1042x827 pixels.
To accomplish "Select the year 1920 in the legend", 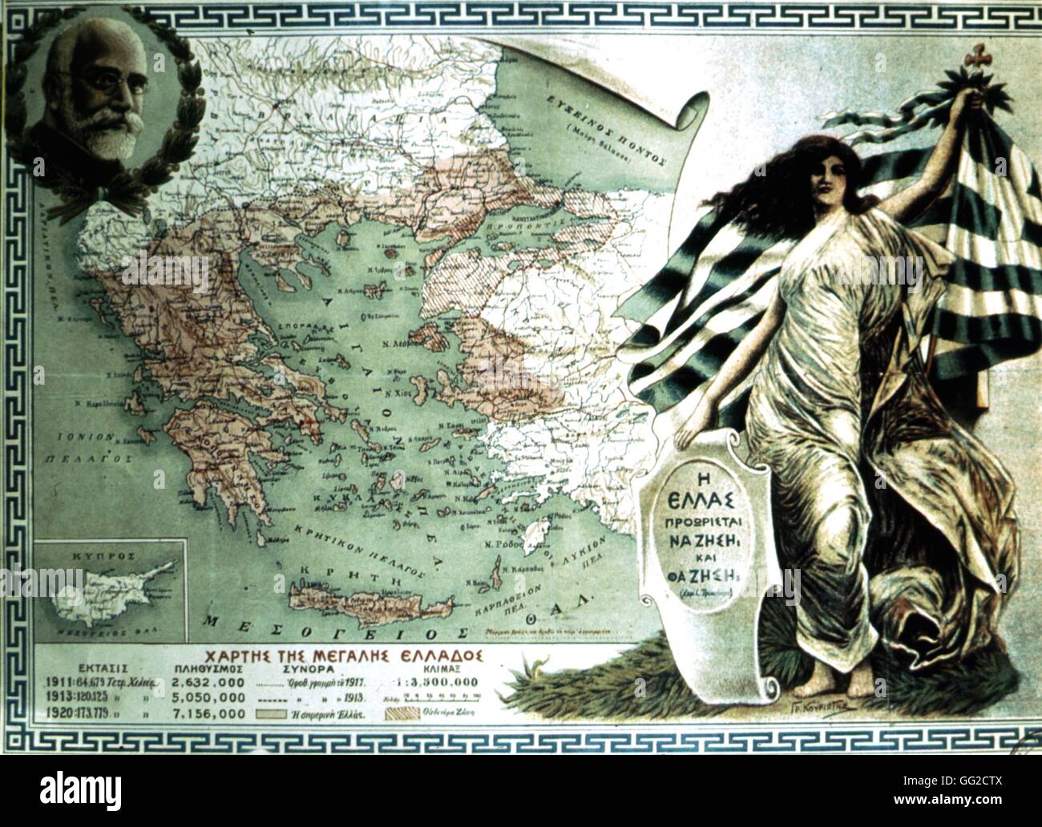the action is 52,712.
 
